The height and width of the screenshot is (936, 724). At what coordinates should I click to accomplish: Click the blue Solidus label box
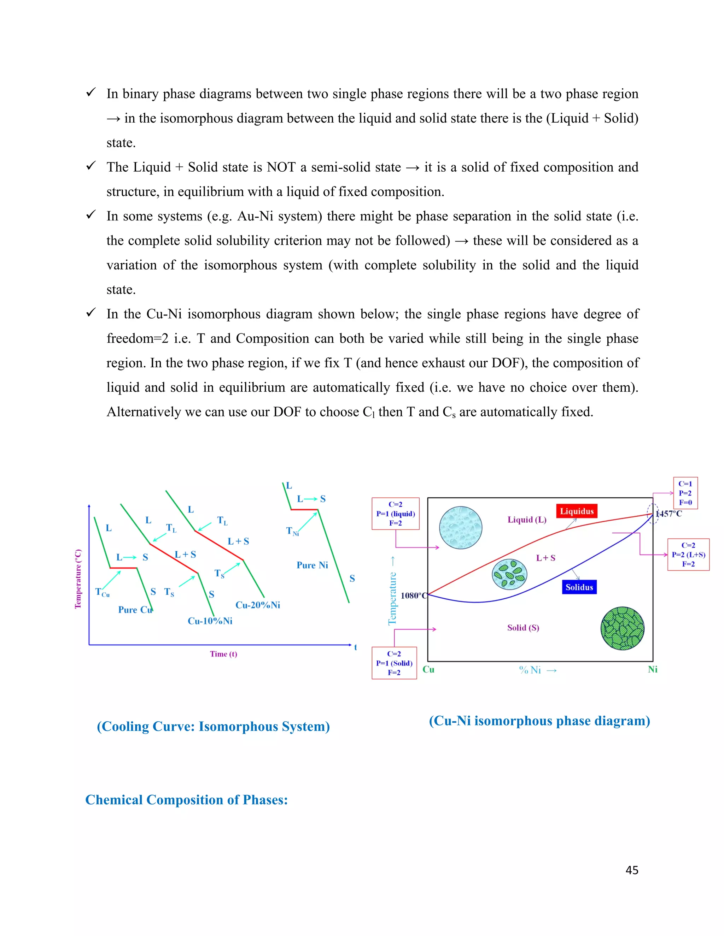579,587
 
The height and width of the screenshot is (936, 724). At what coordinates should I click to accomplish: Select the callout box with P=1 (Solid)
394,663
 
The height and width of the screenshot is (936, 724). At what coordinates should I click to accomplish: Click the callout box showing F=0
685,493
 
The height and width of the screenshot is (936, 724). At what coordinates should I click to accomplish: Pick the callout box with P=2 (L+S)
688,555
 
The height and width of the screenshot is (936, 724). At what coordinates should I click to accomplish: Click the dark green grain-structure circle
622,628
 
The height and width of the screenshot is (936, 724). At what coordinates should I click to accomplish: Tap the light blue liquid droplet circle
461,528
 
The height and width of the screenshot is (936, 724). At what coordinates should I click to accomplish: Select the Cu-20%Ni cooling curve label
257,605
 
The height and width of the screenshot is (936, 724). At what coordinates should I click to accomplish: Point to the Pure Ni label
312,565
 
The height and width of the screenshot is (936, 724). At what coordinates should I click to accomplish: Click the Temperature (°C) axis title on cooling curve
78,579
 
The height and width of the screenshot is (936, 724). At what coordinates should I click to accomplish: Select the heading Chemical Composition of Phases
187,800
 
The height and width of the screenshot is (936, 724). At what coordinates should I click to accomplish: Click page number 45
632,870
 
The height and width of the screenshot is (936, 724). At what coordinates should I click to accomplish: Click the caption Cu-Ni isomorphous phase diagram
539,721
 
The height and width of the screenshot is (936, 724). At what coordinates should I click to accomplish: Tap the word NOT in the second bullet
281,167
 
